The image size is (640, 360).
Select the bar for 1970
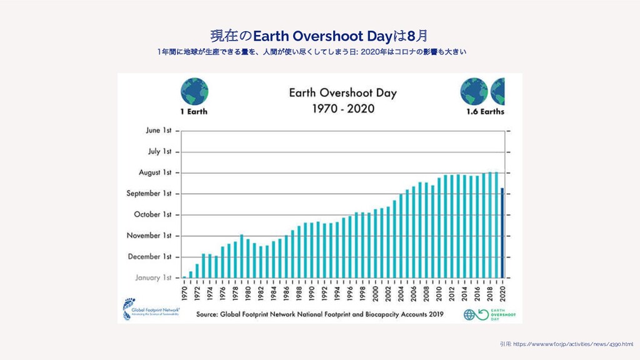point(184,277)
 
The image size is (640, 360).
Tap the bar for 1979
point(242,256)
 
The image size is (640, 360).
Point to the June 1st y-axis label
point(159,131)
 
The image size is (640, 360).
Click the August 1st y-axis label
point(154,172)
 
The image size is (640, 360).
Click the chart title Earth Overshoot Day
point(342,93)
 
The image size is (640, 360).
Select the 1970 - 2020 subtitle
point(342,109)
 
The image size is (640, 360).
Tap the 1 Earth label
point(194,112)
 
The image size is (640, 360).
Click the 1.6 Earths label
point(485,112)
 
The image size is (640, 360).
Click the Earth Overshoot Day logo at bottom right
point(484,314)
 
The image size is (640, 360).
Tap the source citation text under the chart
point(319,314)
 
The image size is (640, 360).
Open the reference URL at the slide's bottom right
point(567,344)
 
